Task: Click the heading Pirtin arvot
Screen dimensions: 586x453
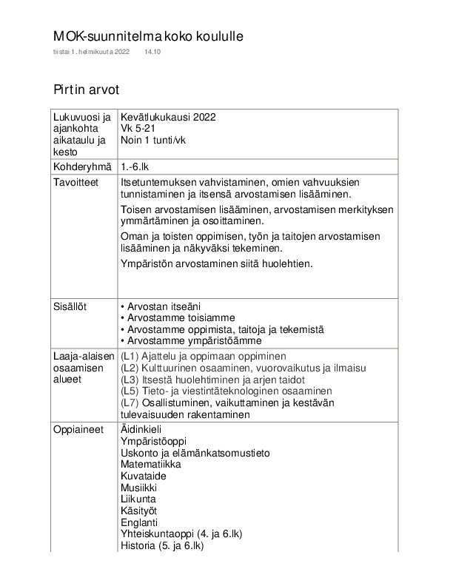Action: coord(86,90)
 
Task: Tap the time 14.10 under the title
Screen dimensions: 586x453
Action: coord(152,53)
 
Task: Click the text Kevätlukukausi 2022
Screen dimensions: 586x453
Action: coord(168,118)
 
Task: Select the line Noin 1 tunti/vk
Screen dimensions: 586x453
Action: coord(155,140)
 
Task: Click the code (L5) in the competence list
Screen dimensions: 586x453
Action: coord(130,391)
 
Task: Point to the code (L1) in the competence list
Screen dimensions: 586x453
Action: coord(130,356)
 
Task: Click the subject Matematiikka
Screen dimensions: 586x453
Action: coord(150,464)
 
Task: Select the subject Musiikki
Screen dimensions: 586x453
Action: coord(138,488)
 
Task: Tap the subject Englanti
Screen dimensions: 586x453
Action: coord(138,522)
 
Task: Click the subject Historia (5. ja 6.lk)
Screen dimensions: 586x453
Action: coord(161,546)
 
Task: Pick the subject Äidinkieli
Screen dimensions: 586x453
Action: coord(141,429)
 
